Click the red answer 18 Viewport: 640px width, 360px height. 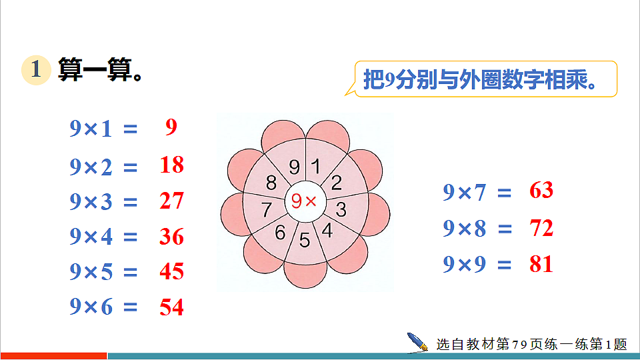click(x=171, y=165)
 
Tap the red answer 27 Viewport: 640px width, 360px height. click(x=171, y=201)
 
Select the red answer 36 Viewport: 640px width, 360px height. click(x=171, y=236)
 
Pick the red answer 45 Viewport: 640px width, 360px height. click(x=171, y=271)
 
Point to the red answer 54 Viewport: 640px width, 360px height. click(x=171, y=307)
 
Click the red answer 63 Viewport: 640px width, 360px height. click(x=541, y=191)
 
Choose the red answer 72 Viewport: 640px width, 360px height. click(x=541, y=228)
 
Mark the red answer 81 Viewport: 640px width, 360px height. click(x=541, y=264)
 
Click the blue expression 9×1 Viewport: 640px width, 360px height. click(x=91, y=129)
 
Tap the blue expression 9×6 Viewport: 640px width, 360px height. click(x=91, y=307)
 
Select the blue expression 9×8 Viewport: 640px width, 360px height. click(x=465, y=229)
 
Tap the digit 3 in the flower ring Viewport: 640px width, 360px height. click(x=341, y=210)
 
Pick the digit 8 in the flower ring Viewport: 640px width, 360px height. click(x=271, y=182)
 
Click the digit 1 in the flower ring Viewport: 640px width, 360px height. click(x=316, y=166)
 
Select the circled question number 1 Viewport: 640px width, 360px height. click(x=36, y=70)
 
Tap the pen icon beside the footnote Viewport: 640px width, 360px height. click(x=418, y=342)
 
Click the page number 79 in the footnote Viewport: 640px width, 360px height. click(x=520, y=345)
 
